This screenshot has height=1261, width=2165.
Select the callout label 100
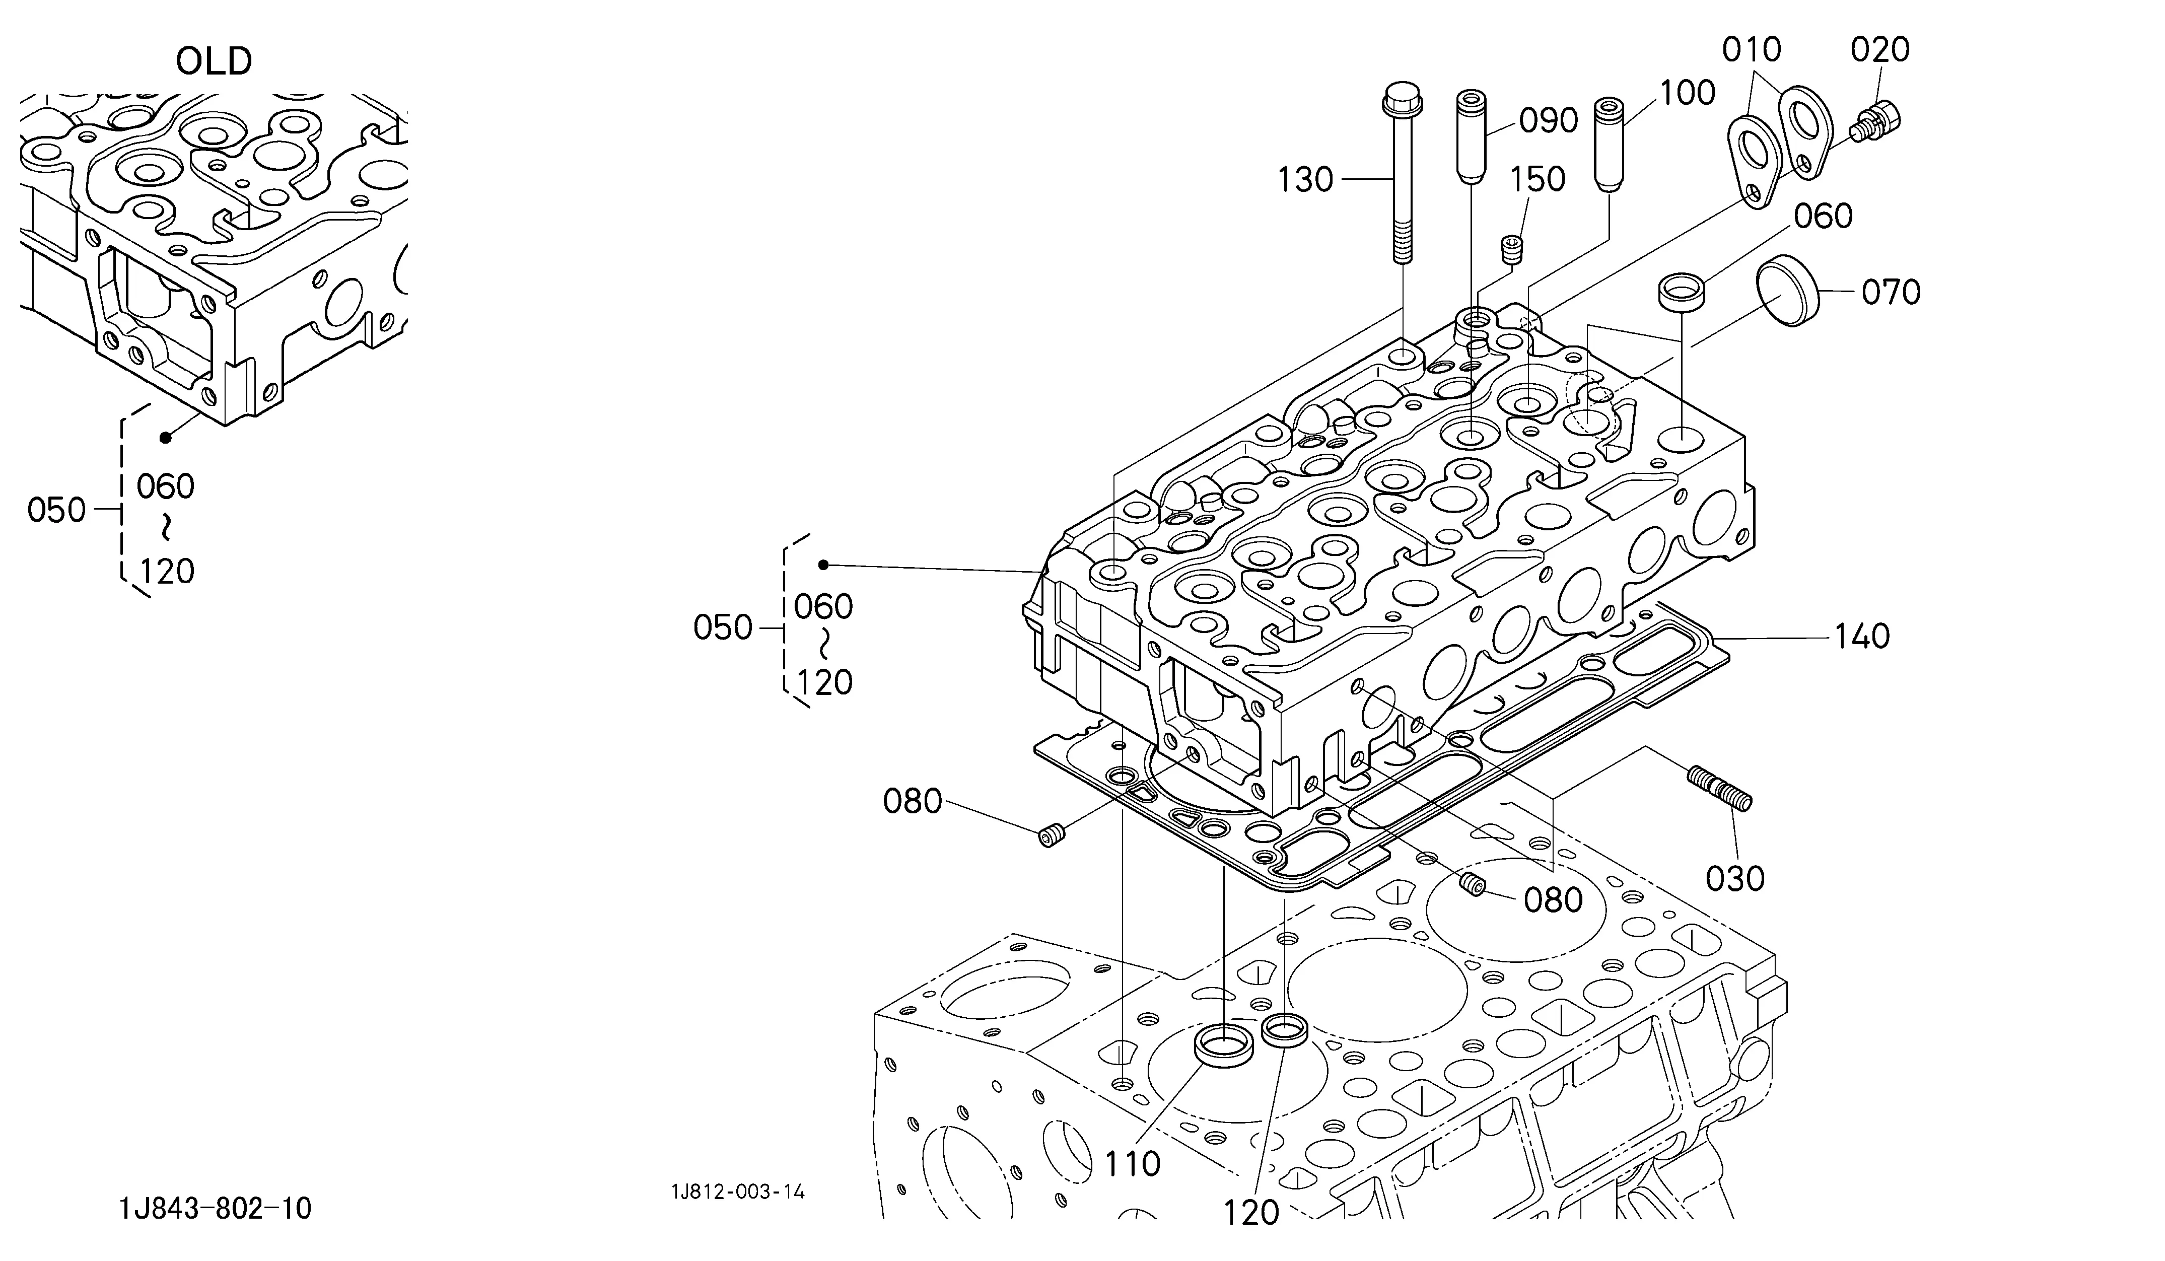click(x=1687, y=93)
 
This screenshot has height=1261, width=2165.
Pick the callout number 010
click(x=1752, y=50)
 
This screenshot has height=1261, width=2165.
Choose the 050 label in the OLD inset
click(x=57, y=510)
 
